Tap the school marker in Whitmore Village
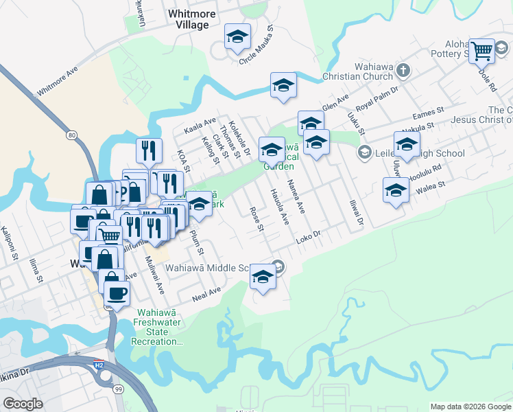[x=238, y=38]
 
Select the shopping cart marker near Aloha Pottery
[x=481, y=50]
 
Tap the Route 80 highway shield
[x=71, y=135]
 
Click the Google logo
[x=23, y=404]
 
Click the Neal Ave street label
[x=206, y=295]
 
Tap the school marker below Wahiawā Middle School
[x=262, y=277]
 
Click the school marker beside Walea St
[x=396, y=191]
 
